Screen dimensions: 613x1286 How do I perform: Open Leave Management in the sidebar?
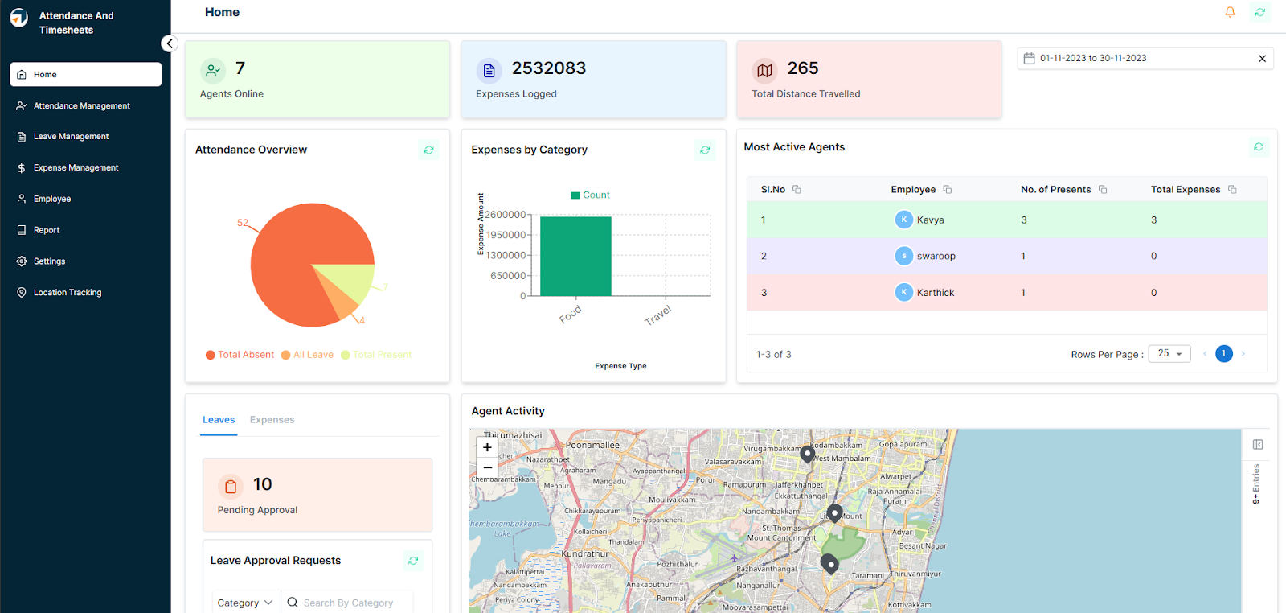(71, 137)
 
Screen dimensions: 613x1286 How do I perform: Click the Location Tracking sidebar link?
(68, 293)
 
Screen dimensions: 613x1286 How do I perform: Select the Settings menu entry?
(49, 261)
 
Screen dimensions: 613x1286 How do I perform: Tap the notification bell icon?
(1230, 12)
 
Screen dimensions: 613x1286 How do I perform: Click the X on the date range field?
(1262, 59)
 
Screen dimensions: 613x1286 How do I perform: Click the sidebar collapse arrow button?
(169, 43)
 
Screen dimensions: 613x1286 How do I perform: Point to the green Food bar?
(575, 257)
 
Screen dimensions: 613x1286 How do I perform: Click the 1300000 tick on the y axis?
(506, 255)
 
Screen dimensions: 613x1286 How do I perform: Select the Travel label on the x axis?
(657, 315)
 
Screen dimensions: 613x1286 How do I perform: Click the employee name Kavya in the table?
(930, 220)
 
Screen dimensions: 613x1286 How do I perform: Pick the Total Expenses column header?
(1186, 190)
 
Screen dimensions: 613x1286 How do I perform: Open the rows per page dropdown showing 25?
(1169, 354)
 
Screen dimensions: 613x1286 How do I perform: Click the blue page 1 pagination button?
(1223, 354)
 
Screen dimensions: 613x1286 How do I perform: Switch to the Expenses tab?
(272, 420)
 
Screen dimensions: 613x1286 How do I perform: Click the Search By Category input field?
(349, 603)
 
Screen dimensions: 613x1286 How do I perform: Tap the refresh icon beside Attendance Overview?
(429, 150)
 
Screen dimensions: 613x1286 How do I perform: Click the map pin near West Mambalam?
(807, 454)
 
